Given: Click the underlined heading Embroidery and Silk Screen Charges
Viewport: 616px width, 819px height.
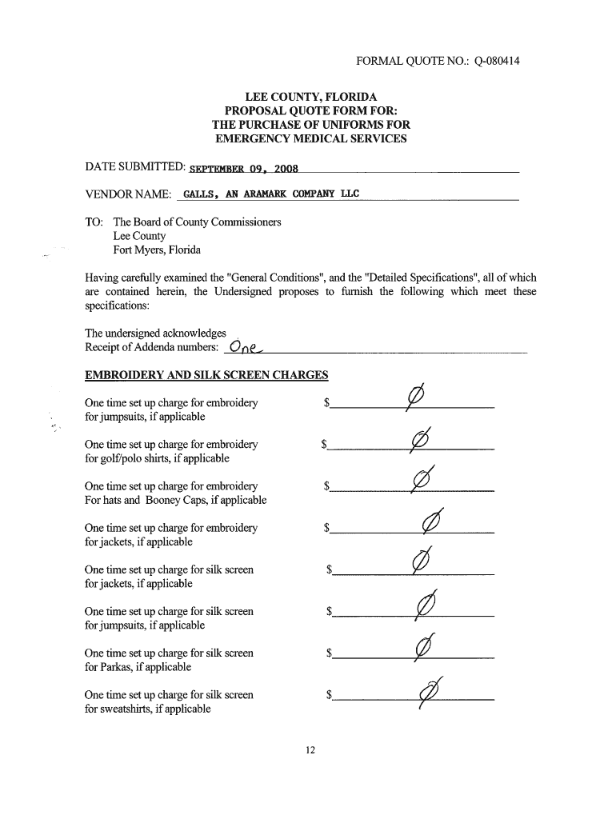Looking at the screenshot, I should coord(206,375).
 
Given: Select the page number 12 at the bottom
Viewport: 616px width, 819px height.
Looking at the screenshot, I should coord(310,749).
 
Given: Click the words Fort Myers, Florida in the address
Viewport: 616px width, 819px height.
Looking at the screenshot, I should coord(157,250).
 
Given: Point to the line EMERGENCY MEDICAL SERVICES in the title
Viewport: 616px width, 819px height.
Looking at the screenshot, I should coord(311,139).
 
